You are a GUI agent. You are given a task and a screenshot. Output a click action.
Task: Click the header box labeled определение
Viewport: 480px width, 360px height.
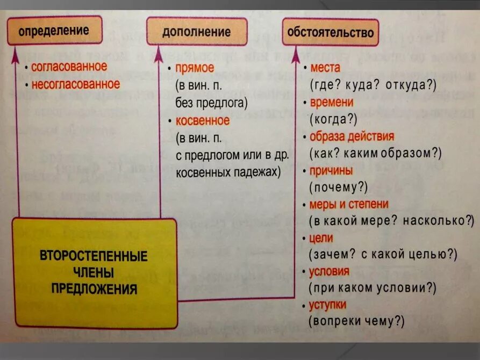click(x=55, y=30)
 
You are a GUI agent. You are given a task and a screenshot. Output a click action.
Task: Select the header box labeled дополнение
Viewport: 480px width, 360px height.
click(x=197, y=32)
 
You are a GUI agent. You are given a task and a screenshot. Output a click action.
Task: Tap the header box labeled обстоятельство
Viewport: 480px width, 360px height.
click(x=330, y=32)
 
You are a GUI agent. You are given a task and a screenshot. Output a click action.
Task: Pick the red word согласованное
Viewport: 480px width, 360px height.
click(x=69, y=67)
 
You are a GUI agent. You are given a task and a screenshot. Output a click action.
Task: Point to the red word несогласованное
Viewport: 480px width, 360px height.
click(x=75, y=84)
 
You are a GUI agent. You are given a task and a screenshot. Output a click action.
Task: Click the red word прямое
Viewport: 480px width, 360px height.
click(x=195, y=68)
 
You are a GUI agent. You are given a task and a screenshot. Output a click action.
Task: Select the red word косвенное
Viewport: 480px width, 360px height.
click(x=202, y=120)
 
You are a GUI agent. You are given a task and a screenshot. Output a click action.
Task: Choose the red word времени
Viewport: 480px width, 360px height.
click(x=331, y=102)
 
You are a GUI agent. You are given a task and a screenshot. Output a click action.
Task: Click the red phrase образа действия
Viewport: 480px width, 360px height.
click(x=352, y=136)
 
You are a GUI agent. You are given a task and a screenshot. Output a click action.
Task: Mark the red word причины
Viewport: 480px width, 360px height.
click(x=331, y=170)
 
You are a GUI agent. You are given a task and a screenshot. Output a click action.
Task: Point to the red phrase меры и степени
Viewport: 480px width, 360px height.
click(x=348, y=204)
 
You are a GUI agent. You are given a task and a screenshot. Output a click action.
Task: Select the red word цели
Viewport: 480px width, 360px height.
click(x=321, y=237)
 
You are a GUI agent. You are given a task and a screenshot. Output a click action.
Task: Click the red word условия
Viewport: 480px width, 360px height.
click(x=329, y=271)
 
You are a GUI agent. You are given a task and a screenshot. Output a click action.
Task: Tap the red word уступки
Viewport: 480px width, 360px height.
click(x=327, y=305)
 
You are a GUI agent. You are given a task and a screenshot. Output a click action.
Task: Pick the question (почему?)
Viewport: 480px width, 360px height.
click(x=338, y=187)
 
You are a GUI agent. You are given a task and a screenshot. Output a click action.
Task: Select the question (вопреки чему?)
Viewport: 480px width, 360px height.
click(x=356, y=322)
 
